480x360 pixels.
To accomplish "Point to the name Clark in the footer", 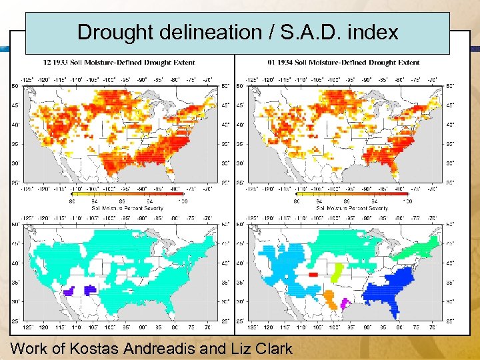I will click(269, 348).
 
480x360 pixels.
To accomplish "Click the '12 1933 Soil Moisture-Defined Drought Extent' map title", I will click(119, 63).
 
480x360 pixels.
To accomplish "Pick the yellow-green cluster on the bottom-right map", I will click(337, 273).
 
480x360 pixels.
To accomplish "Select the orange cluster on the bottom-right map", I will click(329, 295).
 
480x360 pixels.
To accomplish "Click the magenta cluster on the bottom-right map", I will click(345, 303).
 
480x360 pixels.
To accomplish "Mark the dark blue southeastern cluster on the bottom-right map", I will click(393, 287).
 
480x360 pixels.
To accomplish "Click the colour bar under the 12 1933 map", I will click(127, 194).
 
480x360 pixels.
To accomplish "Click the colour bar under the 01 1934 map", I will click(352, 194).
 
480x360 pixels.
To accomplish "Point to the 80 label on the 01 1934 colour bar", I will click(297, 201).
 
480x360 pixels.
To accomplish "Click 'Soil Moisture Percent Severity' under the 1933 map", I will click(127, 209).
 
